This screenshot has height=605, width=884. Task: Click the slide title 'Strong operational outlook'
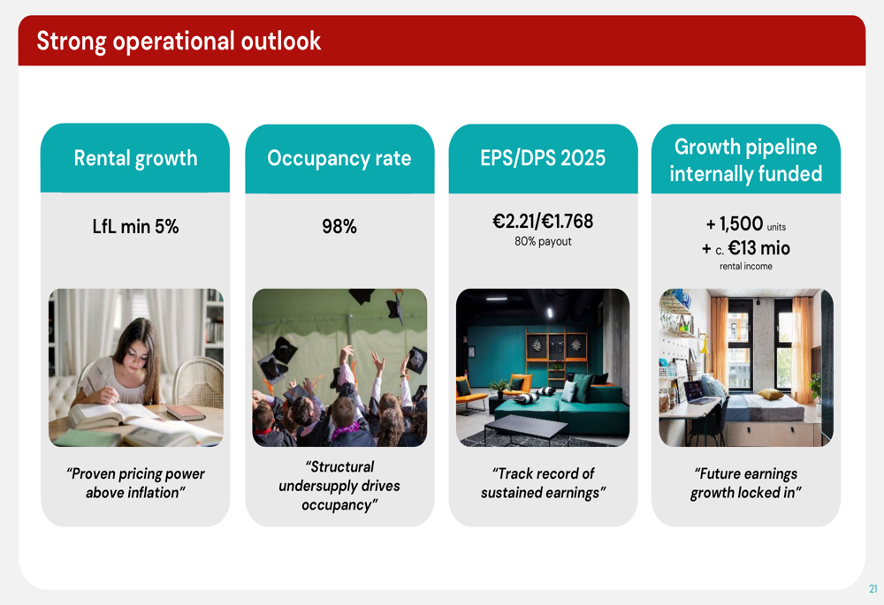pos(179,42)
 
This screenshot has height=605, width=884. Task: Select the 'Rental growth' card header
pos(135,158)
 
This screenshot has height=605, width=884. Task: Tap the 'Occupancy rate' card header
pos(339,158)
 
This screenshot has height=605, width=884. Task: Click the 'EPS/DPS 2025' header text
pos(543,158)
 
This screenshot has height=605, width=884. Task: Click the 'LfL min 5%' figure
pos(135,226)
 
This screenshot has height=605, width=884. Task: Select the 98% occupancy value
pos(339,226)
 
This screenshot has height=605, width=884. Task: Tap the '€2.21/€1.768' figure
pos(543,222)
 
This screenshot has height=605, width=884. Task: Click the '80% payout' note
pos(543,242)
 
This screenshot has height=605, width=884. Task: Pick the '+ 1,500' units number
pos(735,223)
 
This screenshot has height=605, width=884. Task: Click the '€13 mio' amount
pos(758,248)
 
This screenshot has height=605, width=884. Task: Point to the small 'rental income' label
pos(746,267)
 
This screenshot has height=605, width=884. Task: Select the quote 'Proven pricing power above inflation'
pos(135,483)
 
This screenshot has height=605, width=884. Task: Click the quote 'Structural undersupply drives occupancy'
pos(339,486)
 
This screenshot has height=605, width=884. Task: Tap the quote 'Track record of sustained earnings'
pos(543,483)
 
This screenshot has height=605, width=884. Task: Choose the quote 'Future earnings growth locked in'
pos(746,483)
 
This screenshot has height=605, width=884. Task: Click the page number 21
pos(873,589)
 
